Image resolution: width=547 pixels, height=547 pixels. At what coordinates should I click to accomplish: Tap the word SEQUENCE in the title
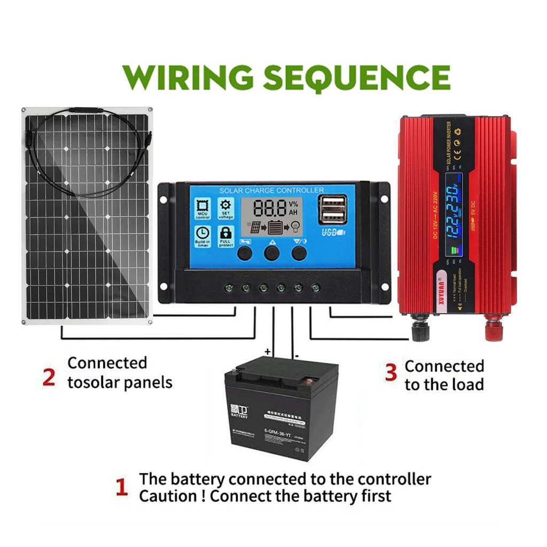click(x=357, y=77)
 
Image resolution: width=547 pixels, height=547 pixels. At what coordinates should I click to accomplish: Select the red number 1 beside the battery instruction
click(x=122, y=488)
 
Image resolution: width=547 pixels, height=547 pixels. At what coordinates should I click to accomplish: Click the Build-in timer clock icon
click(x=202, y=236)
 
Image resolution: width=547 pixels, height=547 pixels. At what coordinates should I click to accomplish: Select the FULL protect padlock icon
click(x=226, y=236)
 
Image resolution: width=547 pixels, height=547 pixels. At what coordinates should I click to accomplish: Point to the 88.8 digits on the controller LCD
click(x=270, y=208)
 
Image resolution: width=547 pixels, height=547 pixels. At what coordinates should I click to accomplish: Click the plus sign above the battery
click(x=268, y=351)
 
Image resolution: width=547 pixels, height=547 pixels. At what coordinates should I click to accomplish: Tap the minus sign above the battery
click(x=296, y=354)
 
